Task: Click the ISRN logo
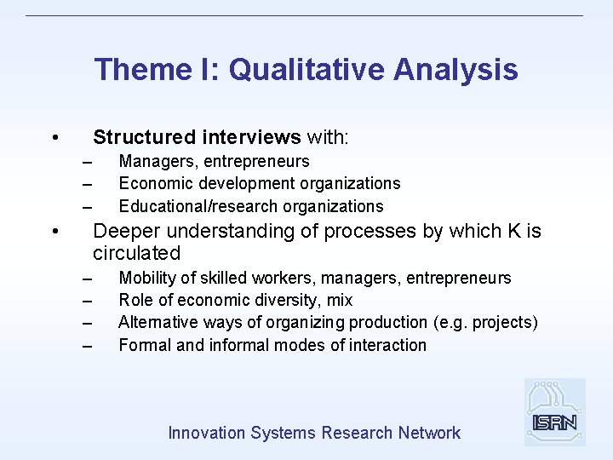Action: [554, 412]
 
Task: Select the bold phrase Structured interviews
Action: [197, 137]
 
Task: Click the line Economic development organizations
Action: [259, 183]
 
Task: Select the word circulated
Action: [137, 253]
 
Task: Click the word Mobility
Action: [147, 278]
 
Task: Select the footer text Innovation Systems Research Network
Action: [314, 433]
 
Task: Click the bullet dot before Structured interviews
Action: [54, 138]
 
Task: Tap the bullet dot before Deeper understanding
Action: [54, 232]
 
